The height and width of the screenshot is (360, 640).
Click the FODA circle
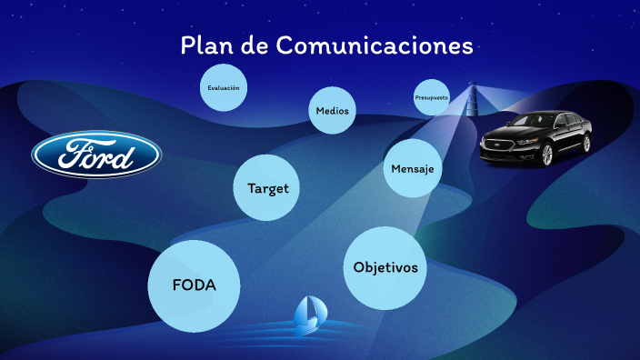(x=194, y=285)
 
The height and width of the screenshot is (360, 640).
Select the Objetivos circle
(x=385, y=267)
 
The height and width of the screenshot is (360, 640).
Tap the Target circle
(x=267, y=188)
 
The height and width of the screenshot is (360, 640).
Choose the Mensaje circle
(x=412, y=169)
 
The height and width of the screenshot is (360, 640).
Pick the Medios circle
(x=332, y=111)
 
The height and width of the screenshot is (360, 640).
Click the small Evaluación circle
(x=223, y=88)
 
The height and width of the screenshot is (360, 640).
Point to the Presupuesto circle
(x=431, y=97)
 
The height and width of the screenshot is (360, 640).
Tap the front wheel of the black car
(x=545, y=155)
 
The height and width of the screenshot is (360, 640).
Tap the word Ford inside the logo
(x=96, y=155)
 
